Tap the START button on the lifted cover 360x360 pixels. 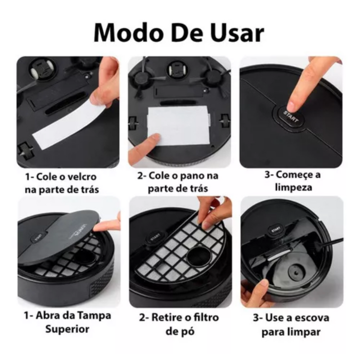[x=38, y=237]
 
